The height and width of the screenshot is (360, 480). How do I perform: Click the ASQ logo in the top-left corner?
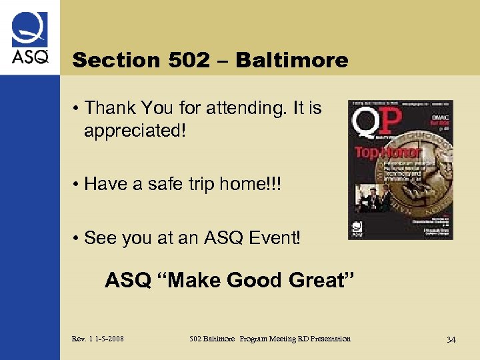click(x=29, y=38)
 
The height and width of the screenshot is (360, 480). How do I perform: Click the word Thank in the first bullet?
click(x=111, y=108)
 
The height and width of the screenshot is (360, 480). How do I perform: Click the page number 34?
click(x=451, y=340)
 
